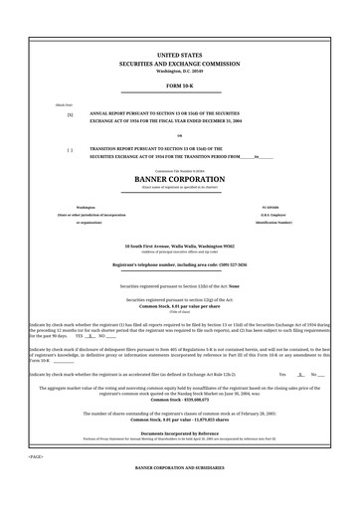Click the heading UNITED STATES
click(180, 56)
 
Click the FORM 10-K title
click(180, 86)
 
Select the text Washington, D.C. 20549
click(180, 72)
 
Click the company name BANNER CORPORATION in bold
click(180, 179)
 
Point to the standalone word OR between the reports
click(180, 136)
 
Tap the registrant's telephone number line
click(180, 265)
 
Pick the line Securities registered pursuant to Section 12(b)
click(180, 285)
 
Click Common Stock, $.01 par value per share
click(180, 305)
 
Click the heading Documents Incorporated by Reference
click(180, 433)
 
